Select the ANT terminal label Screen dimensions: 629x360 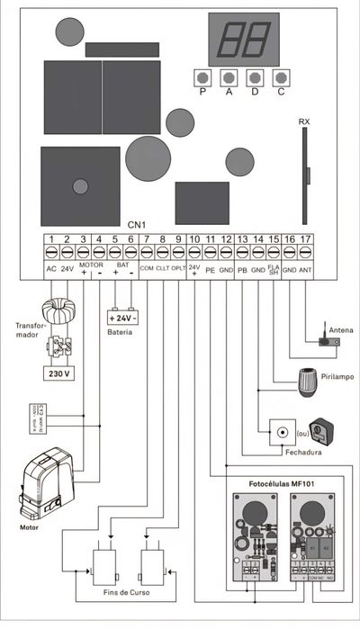(x=306, y=269)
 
